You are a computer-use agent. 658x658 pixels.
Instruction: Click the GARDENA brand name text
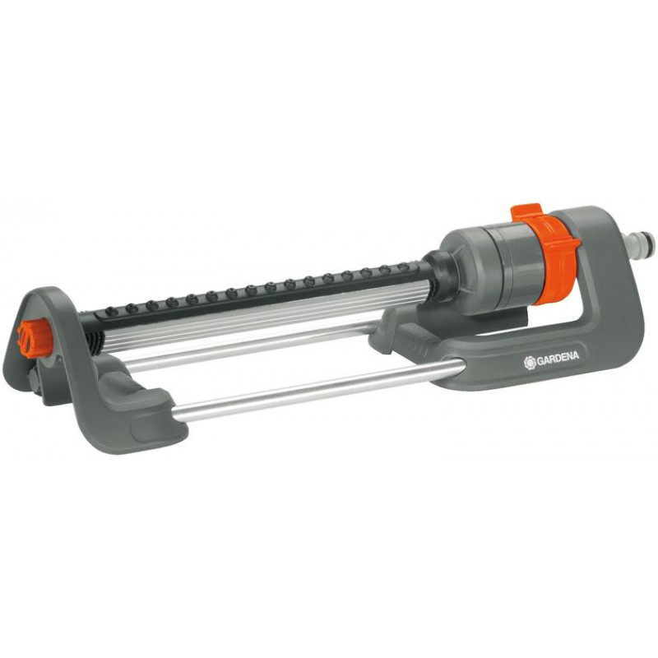coord(558,357)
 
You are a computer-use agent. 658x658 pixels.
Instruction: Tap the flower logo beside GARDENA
coord(530,363)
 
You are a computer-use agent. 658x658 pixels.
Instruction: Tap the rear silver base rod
coord(252,342)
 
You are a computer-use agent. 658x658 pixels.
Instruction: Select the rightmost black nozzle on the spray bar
coord(403,266)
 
